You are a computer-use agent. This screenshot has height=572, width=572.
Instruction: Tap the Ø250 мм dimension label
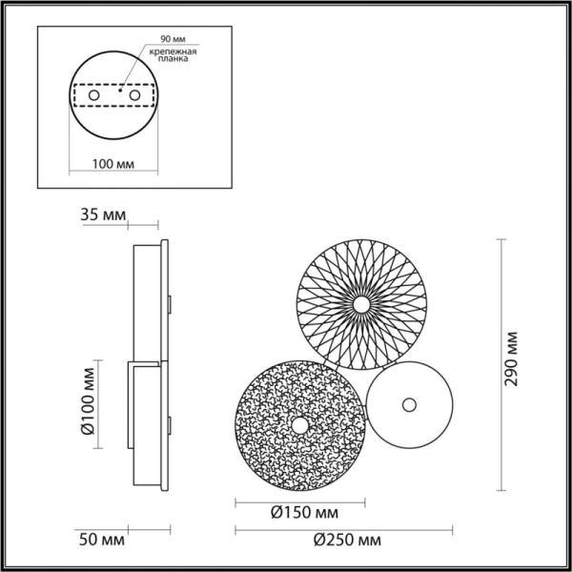pos(346,541)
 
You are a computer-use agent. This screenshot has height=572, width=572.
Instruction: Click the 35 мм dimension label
pos(102,217)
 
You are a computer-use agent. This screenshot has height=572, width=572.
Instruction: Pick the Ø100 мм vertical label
pos(87,400)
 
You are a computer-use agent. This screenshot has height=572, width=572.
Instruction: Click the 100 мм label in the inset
pos(113,164)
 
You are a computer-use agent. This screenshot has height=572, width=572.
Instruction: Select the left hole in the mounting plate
pos(92,97)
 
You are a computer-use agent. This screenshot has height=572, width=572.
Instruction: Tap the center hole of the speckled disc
pos(299,425)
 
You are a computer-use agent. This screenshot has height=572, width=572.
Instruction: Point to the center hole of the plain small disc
pos(409,403)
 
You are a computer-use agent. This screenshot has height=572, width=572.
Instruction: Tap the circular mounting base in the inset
pos(113,124)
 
